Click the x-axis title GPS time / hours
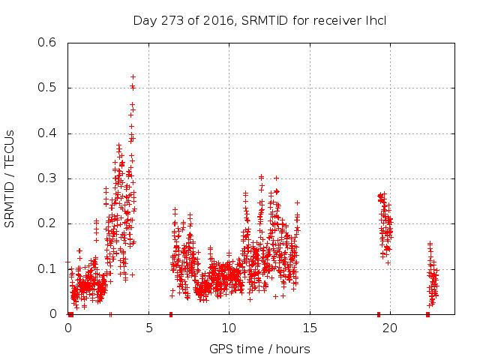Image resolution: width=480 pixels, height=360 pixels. [x=259, y=349]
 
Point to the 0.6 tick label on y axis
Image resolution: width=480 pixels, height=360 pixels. [x=47, y=43]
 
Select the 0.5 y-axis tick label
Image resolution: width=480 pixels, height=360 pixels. [x=47, y=88]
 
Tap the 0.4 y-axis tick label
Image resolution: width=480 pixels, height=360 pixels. [x=47, y=133]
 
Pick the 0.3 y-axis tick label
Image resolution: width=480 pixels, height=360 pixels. [x=47, y=178]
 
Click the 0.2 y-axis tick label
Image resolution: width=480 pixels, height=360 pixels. [x=47, y=223]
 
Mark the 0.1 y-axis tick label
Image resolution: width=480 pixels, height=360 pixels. [x=47, y=268]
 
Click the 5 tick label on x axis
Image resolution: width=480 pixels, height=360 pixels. [x=148, y=328]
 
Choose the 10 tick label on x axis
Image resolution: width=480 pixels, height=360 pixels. [x=229, y=328]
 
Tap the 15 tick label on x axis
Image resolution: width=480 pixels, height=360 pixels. [x=309, y=328]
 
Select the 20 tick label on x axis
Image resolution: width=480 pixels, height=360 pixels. [x=389, y=328]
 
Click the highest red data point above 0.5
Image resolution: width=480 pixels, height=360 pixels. [x=133, y=76]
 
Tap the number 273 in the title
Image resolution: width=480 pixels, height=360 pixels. [x=168, y=20]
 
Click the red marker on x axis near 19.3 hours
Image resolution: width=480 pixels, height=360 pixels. [x=379, y=314]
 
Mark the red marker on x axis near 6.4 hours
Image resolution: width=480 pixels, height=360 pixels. [x=171, y=314]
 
